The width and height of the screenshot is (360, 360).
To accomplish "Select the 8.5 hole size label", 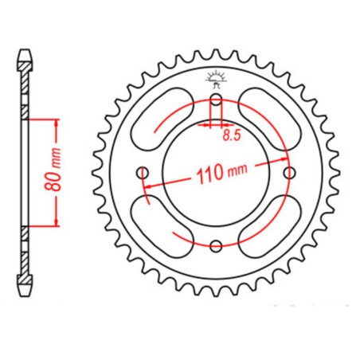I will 231,136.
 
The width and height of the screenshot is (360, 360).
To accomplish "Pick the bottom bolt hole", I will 217,245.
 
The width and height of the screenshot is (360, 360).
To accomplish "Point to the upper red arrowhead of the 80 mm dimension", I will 56,124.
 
